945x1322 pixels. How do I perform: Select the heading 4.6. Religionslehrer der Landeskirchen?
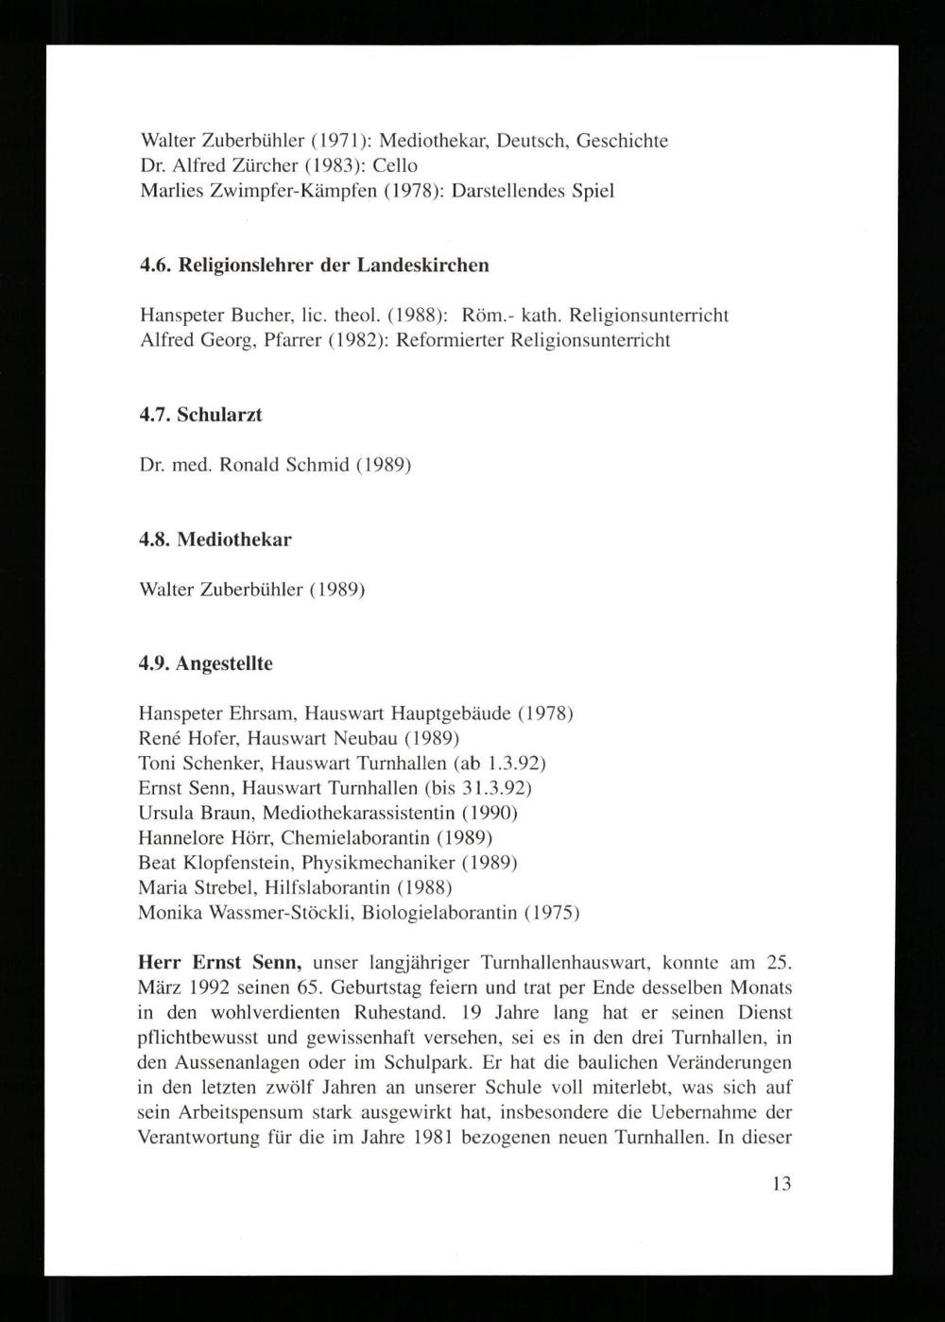point(314,265)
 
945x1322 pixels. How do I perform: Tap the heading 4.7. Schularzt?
point(200,415)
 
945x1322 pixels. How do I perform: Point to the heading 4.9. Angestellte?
point(206,663)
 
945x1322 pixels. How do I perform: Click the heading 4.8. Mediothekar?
point(215,540)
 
